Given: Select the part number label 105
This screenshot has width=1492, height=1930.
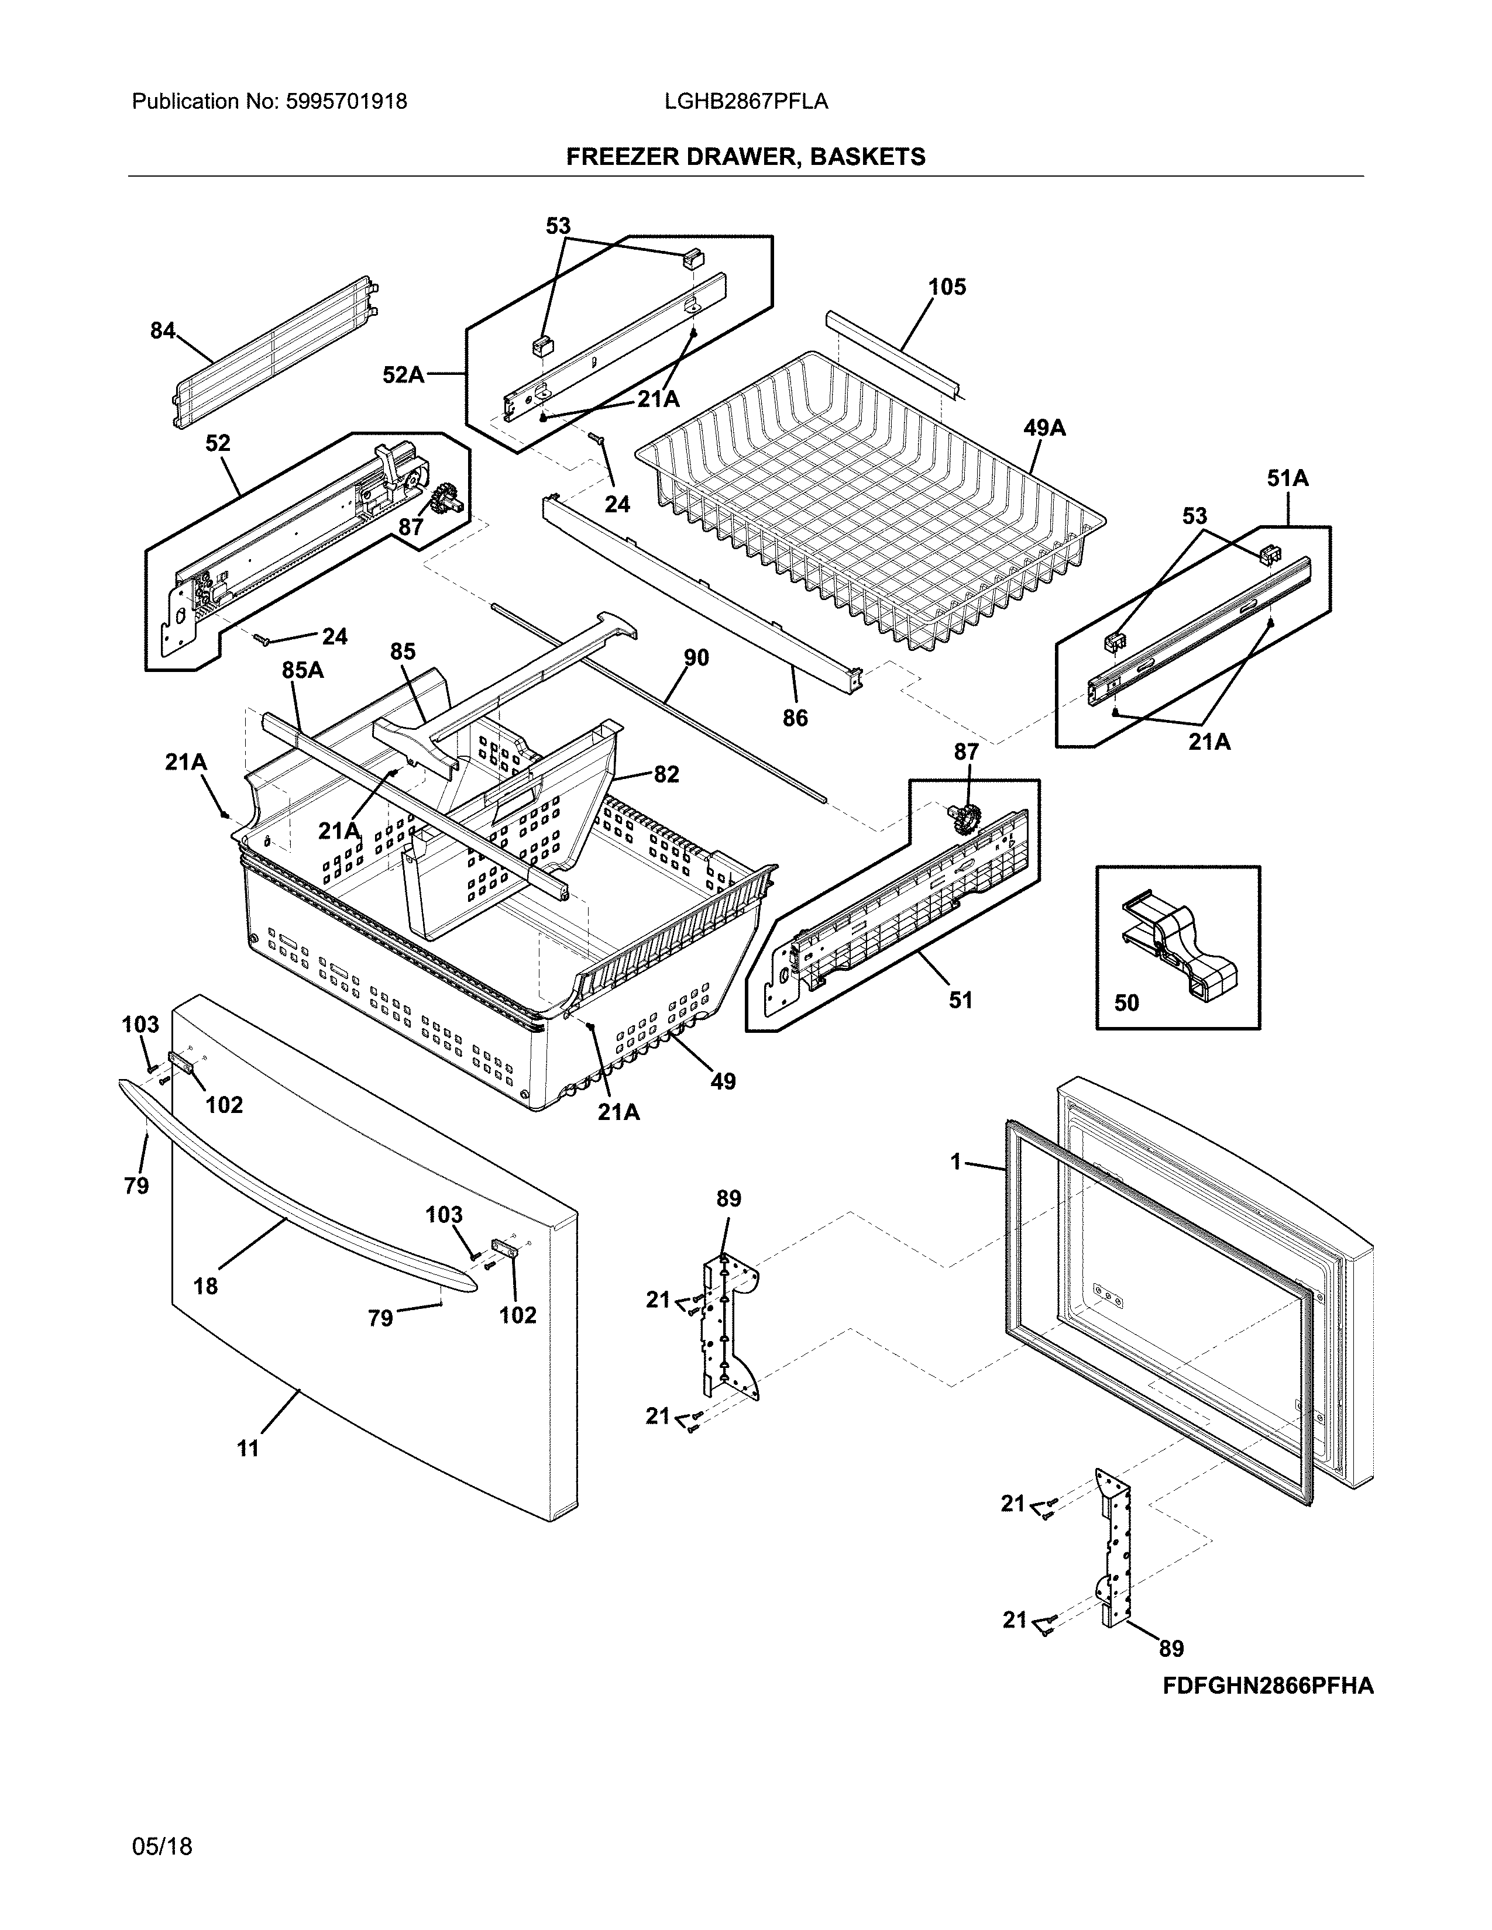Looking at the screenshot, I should click(x=947, y=287).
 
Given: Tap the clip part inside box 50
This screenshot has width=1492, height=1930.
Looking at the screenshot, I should click(x=1179, y=946).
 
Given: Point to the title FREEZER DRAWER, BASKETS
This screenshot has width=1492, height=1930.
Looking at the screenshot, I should click(x=745, y=157).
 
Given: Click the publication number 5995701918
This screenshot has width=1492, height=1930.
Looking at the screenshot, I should click(x=346, y=102).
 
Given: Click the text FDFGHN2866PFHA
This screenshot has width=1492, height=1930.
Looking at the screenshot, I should click(x=1267, y=1687).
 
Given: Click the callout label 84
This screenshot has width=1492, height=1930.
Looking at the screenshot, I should click(x=163, y=330).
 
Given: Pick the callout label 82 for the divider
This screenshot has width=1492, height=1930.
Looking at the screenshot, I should click(x=666, y=774).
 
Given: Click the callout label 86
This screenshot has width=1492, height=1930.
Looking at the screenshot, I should click(x=795, y=718).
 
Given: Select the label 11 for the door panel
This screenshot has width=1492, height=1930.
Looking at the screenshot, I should click(x=248, y=1449).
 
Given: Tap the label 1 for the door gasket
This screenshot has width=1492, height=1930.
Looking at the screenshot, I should click(x=955, y=1162).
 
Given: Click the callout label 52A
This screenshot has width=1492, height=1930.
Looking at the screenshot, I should click(x=403, y=375).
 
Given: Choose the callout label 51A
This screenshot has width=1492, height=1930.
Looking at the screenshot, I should click(x=1287, y=479).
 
